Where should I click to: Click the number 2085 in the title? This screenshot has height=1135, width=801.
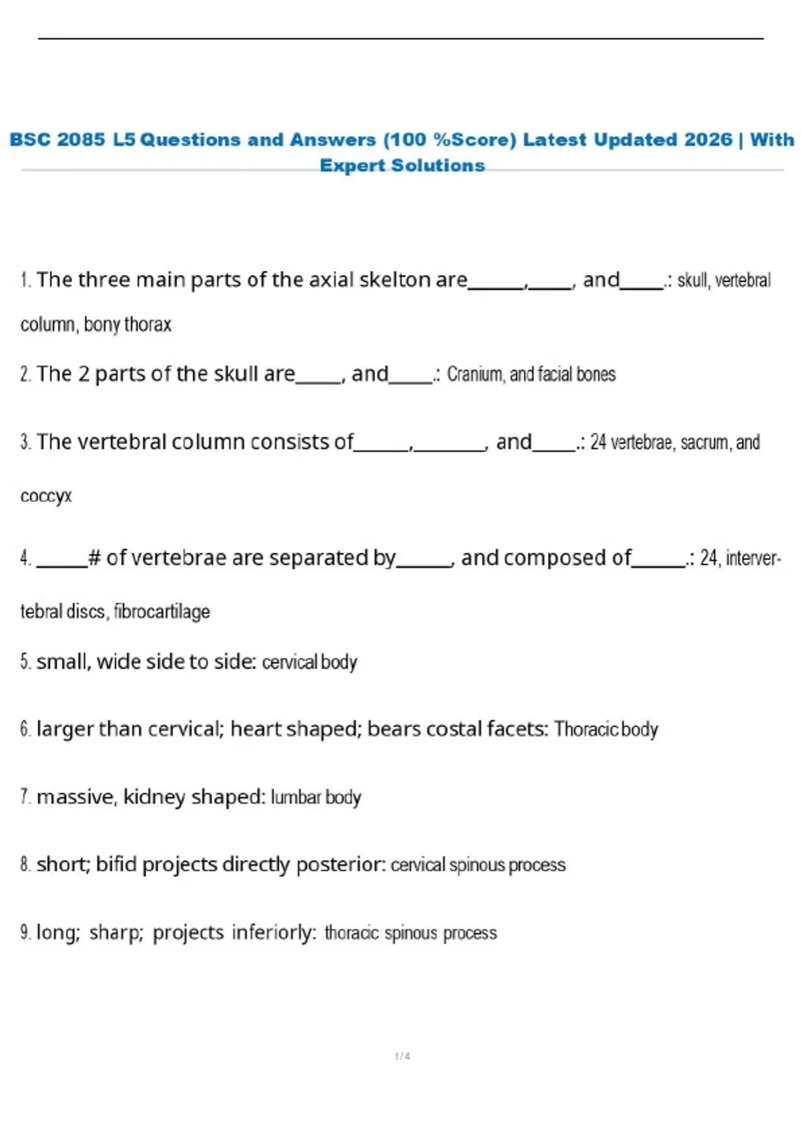81,140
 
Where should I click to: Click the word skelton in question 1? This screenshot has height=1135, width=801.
395,280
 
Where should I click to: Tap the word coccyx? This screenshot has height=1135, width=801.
45,496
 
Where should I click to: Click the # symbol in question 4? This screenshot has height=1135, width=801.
94,557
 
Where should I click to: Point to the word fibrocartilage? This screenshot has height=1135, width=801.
162,611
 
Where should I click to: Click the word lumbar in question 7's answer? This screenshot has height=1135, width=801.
296,797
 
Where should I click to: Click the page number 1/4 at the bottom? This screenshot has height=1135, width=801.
403,1056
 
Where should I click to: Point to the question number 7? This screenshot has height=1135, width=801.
25,797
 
